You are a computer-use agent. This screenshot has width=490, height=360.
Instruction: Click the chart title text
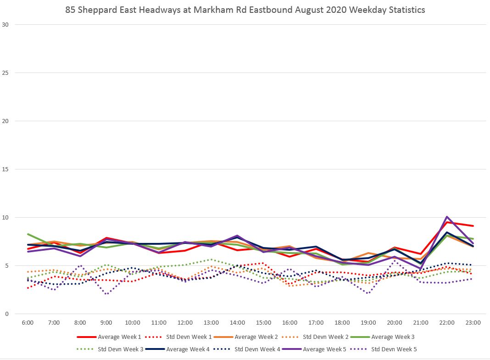(x=245, y=10)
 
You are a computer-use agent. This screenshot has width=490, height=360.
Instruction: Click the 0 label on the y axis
(x=6, y=314)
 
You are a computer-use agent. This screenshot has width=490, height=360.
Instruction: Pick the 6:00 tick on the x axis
(x=28, y=323)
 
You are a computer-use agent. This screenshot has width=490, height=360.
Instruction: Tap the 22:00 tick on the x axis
(x=447, y=323)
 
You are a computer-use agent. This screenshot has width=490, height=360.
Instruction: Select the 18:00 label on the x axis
(x=342, y=323)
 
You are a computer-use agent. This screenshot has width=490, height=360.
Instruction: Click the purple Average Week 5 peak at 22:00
(x=447, y=217)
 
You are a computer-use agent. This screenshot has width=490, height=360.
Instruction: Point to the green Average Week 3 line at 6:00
(x=28, y=234)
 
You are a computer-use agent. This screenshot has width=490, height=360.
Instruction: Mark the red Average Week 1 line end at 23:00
(x=473, y=226)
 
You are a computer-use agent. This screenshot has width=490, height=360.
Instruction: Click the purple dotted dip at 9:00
(x=106, y=294)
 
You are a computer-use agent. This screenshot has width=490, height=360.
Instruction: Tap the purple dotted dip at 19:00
(x=368, y=293)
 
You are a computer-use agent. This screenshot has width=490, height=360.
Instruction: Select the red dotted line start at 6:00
(x=28, y=288)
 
